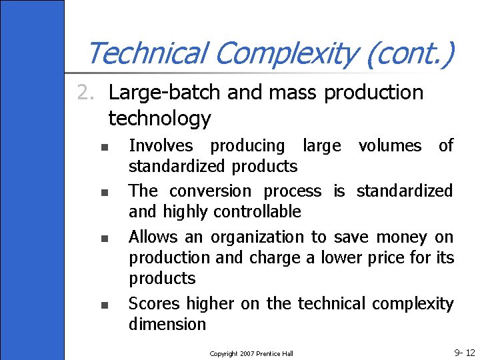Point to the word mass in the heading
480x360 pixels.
click(x=295, y=92)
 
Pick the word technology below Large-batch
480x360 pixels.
click(x=159, y=119)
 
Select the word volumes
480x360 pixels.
click(x=390, y=145)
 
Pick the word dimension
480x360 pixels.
click(x=167, y=325)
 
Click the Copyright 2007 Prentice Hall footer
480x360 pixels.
click(x=251, y=353)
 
